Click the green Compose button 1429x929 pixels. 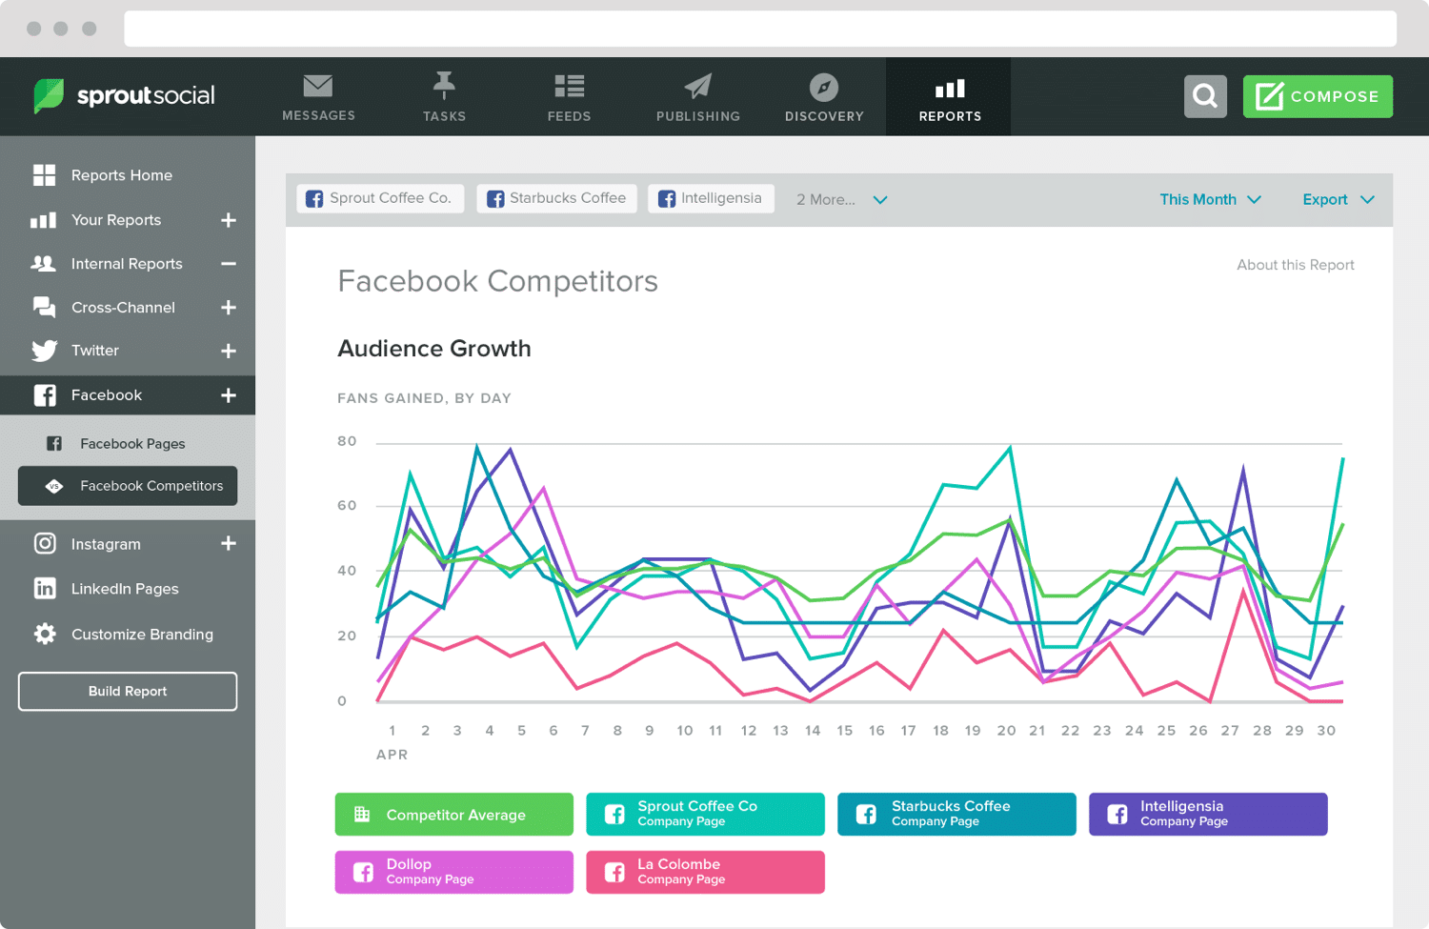1318,96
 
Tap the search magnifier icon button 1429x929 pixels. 1205,96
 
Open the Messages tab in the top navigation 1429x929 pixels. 318,97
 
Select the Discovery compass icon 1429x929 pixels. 824,88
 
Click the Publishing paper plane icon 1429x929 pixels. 697,87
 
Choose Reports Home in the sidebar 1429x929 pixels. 121,175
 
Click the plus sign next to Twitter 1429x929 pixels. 229,351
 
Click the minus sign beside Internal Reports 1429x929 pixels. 229,264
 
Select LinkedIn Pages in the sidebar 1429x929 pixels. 124,589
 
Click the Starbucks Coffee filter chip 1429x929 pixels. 556,198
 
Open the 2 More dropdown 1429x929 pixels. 841,199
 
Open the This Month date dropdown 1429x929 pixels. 1210,199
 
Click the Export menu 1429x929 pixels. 1338,199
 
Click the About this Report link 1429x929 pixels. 1295,265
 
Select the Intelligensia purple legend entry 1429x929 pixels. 1207,814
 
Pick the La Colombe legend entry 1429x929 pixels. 705,872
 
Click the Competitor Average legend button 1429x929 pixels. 453,815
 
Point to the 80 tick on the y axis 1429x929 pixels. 347,441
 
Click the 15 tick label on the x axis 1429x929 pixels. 844,731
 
